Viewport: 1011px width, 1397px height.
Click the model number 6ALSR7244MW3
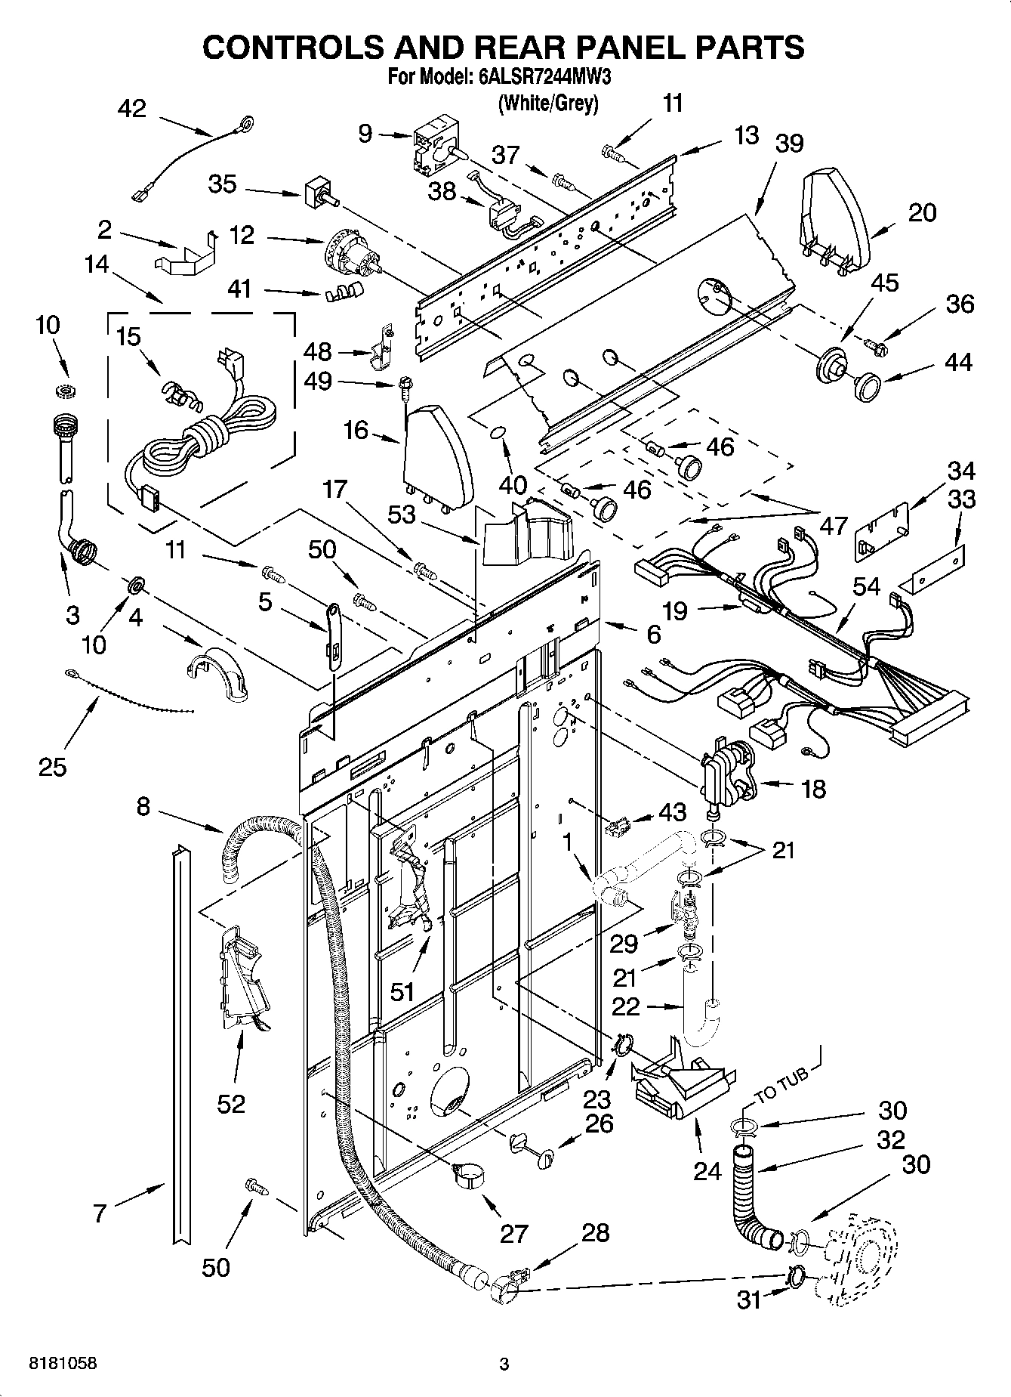tap(540, 78)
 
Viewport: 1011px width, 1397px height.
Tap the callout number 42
tap(132, 109)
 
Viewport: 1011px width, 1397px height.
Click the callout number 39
tap(788, 144)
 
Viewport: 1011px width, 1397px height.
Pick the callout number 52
tap(231, 1104)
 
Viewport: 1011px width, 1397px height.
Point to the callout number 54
tap(866, 586)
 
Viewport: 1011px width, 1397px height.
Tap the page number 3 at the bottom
tap(504, 1364)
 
